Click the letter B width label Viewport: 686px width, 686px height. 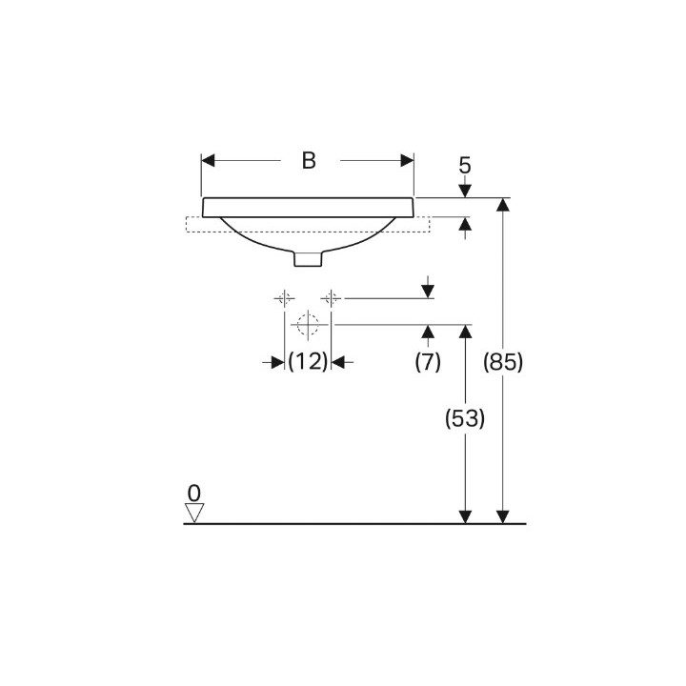309,161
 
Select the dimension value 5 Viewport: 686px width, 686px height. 465,166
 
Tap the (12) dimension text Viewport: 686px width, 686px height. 308,362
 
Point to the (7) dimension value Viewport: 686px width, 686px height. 428,362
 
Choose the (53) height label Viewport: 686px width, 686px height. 465,418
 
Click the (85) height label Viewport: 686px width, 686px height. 503,362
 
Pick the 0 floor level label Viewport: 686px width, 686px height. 193,494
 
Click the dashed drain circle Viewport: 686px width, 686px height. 308,325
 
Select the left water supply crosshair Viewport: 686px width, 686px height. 284,298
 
